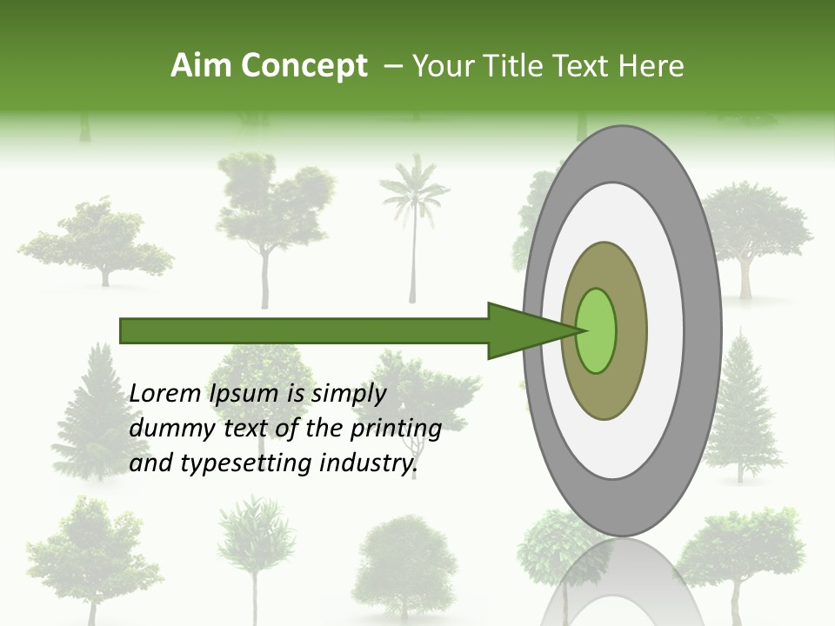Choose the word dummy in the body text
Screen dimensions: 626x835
pos(165,429)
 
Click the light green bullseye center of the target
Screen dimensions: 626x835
pos(597,330)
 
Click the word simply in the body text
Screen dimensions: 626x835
pos(347,394)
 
